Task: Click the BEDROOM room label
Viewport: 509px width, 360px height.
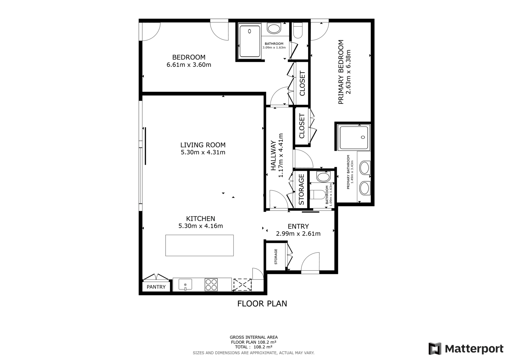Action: [x=189, y=57]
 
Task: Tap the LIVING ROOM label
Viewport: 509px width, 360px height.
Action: [x=203, y=145]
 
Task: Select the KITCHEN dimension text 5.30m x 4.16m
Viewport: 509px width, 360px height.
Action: [x=201, y=226]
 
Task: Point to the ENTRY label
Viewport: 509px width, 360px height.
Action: [x=298, y=226]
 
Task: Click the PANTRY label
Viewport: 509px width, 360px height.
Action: [x=156, y=287]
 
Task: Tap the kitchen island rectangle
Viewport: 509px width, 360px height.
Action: [x=199, y=245]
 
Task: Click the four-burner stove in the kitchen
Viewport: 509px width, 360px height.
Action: [x=211, y=285]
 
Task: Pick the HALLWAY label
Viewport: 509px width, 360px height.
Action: [x=273, y=155]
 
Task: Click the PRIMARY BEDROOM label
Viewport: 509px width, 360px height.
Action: [x=341, y=72]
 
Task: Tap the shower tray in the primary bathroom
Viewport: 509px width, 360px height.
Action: [x=353, y=138]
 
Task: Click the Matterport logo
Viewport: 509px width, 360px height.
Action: [x=466, y=349]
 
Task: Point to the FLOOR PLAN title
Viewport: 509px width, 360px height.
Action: [x=262, y=304]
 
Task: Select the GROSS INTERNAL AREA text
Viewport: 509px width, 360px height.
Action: [x=254, y=337]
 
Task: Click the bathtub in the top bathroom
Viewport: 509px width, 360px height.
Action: [x=250, y=41]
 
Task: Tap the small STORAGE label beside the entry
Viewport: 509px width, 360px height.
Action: [x=276, y=257]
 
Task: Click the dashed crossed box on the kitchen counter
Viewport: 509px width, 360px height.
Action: [x=242, y=285]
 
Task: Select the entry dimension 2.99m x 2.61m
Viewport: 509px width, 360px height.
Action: [x=298, y=234]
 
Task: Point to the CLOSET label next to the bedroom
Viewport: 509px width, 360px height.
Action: [x=302, y=83]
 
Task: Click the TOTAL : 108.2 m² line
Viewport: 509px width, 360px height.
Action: [x=254, y=347]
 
